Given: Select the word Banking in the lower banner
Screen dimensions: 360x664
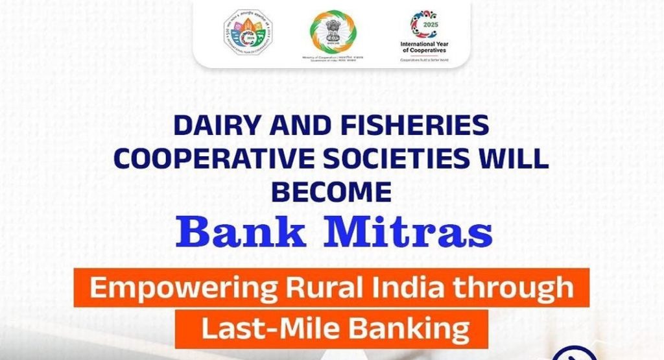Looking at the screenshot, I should tap(410, 329).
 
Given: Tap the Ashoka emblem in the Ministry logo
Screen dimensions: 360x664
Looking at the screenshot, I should tap(333, 30).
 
